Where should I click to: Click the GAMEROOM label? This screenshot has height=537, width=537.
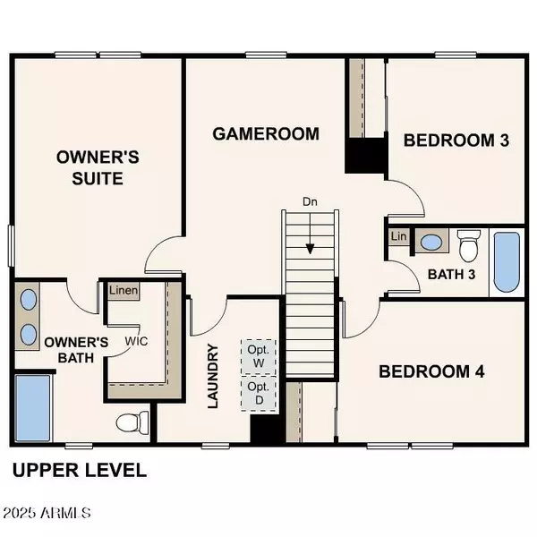pos(266,134)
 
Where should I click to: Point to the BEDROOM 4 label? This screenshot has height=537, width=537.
pos(431,371)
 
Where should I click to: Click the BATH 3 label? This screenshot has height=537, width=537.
pos(450,274)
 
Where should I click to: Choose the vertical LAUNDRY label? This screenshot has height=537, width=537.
pos(213,377)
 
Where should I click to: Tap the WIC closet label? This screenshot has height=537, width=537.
pos(136,341)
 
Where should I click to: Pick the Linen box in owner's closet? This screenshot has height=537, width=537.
pos(124,291)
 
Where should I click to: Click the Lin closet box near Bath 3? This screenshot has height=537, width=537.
pos(397,236)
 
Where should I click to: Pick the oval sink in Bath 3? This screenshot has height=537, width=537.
pos(430,242)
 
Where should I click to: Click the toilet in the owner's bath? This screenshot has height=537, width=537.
pos(131,422)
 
